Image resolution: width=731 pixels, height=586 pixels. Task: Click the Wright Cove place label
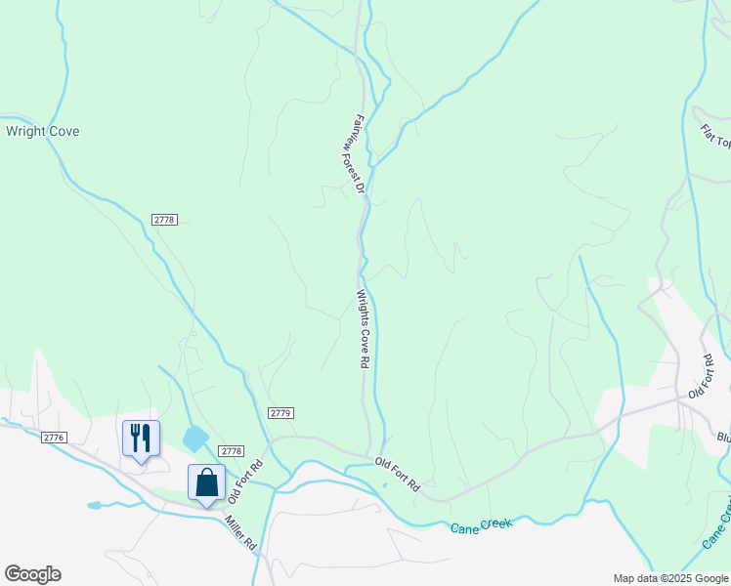42,131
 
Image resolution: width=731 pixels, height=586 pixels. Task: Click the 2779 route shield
280,413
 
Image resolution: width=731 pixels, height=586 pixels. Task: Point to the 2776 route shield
54,438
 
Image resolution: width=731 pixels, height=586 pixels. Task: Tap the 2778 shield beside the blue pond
231,450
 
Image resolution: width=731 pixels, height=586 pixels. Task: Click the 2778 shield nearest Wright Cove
164,220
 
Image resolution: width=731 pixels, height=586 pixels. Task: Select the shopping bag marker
206,482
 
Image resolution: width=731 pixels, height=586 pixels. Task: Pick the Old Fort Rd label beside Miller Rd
245,481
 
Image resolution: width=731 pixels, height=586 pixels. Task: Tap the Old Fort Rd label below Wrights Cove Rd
399,472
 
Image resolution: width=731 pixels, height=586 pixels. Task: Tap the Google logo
32,574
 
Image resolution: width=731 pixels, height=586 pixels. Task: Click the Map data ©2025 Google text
669,578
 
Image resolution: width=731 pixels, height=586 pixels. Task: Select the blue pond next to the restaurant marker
195,438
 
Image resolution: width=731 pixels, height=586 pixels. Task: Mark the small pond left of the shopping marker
94,505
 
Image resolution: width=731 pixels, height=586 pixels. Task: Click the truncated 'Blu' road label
722,438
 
